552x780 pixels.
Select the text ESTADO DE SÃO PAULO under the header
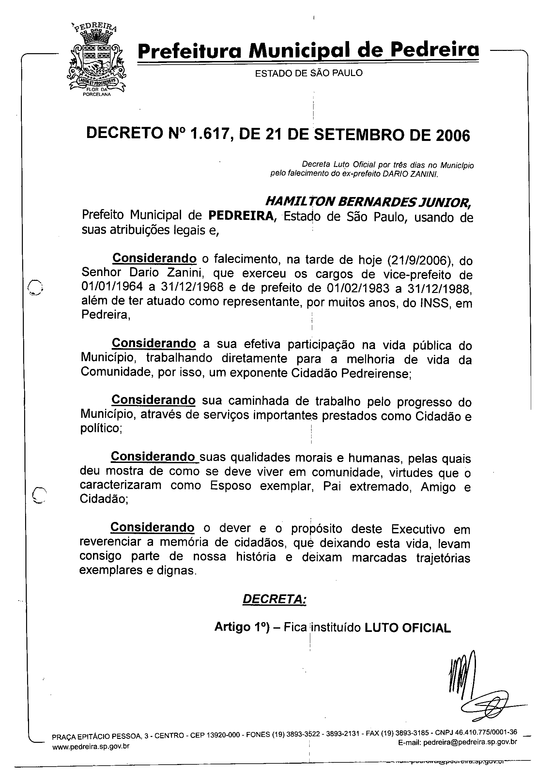click(309, 73)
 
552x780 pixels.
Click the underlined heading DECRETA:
click(274, 599)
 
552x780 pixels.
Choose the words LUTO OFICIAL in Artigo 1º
click(407, 628)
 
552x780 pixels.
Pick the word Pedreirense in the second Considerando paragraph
click(376, 374)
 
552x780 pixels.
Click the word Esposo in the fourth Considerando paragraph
click(230, 486)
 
